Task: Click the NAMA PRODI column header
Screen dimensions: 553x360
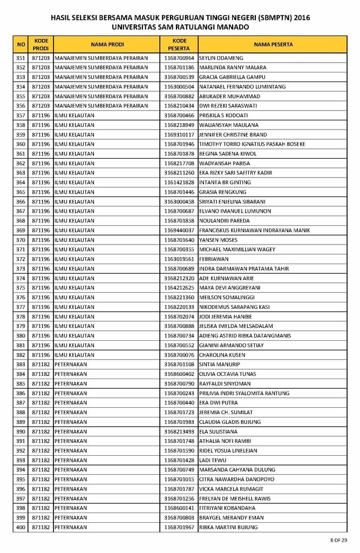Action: coord(107,44)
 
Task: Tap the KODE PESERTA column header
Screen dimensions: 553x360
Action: coord(179,44)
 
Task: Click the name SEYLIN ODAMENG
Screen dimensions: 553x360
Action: coord(221,58)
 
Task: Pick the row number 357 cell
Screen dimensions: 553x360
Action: coord(21,116)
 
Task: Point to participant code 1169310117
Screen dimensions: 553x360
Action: coord(179,134)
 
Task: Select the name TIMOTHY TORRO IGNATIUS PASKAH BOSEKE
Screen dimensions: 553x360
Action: coord(252,144)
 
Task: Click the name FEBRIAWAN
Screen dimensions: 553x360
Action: coord(214,259)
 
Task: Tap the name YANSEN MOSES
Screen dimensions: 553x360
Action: coord(218,240)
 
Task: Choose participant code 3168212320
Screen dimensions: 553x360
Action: coord(179,278)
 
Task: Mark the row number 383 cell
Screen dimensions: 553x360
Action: coord(21,365)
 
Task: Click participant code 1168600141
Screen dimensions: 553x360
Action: coord(179,508)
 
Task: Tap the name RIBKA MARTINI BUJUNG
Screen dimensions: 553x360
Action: coord(228,527)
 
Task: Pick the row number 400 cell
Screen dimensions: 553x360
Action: coord(21,527)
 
